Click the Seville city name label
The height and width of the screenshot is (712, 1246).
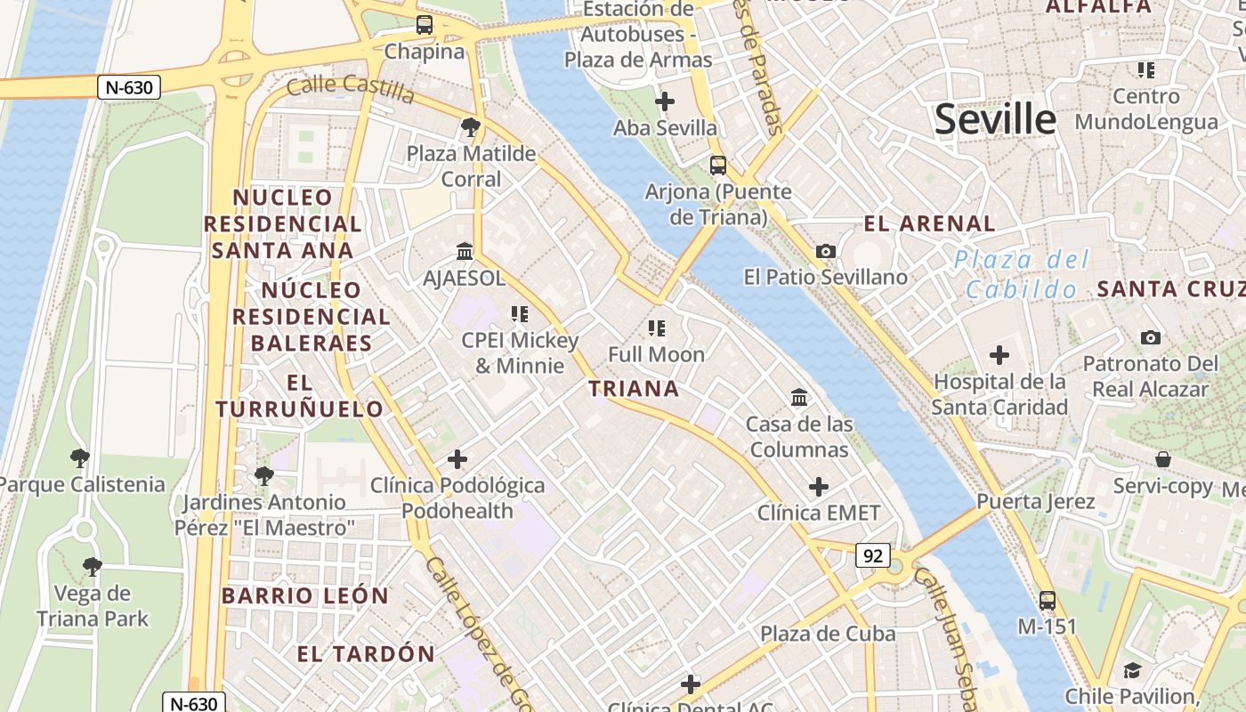tap(995, 118)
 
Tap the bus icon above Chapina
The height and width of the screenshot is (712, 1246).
tap(425, 25)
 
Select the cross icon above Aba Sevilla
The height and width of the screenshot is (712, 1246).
tap(665, 101)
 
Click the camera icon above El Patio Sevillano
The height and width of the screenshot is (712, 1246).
tap(826, 251)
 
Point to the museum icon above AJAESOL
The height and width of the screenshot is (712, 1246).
tap(465, 251)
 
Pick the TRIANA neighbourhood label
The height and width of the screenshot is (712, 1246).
tap(634, 389)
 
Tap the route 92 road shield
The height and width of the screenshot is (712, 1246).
tap(873, 555)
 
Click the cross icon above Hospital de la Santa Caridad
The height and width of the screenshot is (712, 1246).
tap(999, 355)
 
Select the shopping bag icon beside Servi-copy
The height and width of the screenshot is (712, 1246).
tap(1163, 459)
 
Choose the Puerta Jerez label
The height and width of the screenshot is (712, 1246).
tap(1036, 501)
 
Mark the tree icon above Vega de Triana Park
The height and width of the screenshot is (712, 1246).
tap(92, 567)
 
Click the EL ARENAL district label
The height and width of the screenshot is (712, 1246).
tap(930, 223)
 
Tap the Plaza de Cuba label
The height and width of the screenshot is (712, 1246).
tap(828, 634)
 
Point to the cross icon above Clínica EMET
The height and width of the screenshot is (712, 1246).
tap(819, 487)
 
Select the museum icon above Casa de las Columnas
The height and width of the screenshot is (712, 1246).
tap(799, 397)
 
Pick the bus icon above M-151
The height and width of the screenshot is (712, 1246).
tap(1048, 600)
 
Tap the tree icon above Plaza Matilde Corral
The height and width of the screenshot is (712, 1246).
tap(471, 127)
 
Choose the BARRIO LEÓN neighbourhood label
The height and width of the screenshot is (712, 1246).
tap(305, 595)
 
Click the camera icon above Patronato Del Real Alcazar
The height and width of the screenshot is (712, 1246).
tap(1151, 337)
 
